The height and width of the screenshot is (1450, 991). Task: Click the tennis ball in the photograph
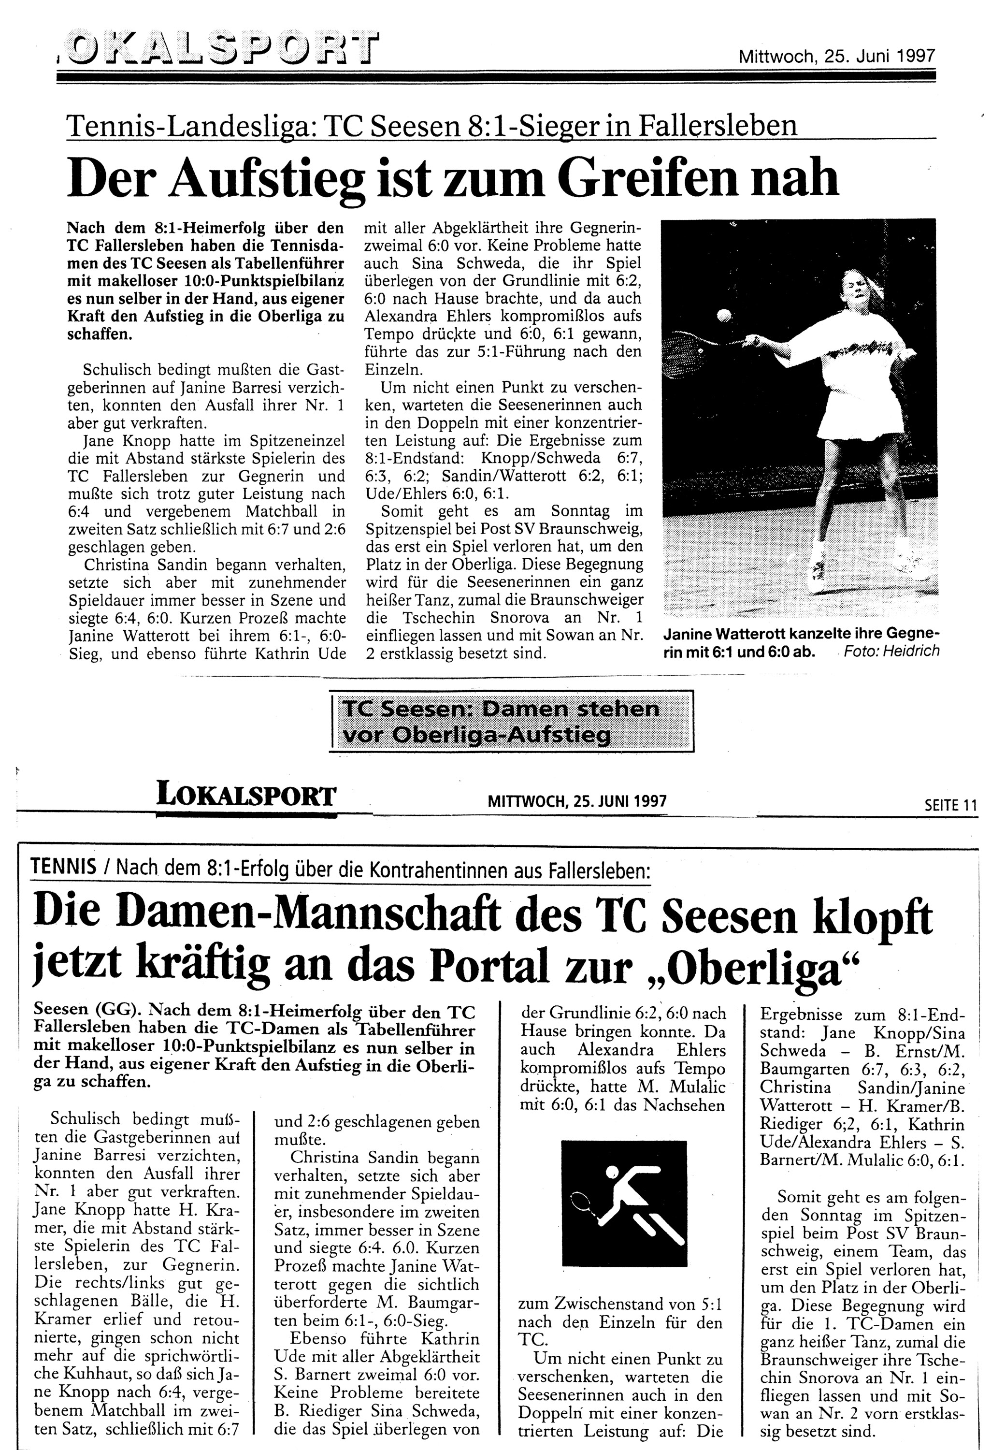[723, 315]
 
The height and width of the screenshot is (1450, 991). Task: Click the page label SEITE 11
[950, 806]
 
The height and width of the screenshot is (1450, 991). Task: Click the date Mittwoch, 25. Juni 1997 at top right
[837, 57]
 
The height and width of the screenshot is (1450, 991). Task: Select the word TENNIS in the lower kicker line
[63, 867]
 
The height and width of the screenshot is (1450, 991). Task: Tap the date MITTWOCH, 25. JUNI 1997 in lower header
[577, 800]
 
